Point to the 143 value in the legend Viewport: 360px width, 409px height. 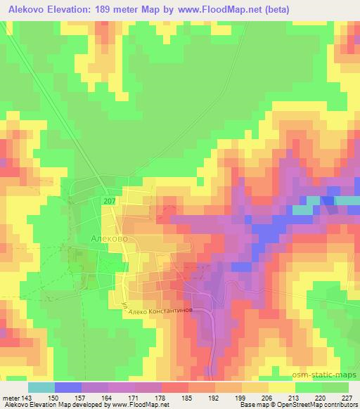click(27, 397)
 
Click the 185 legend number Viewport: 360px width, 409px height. click(188, 397)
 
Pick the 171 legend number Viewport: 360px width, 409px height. click(134, 397)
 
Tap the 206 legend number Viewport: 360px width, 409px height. click(268, 397)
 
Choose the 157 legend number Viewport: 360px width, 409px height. click(81, 397)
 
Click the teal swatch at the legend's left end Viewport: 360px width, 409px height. click(41, 387)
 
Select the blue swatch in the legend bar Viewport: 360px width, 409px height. click(67, 387)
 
